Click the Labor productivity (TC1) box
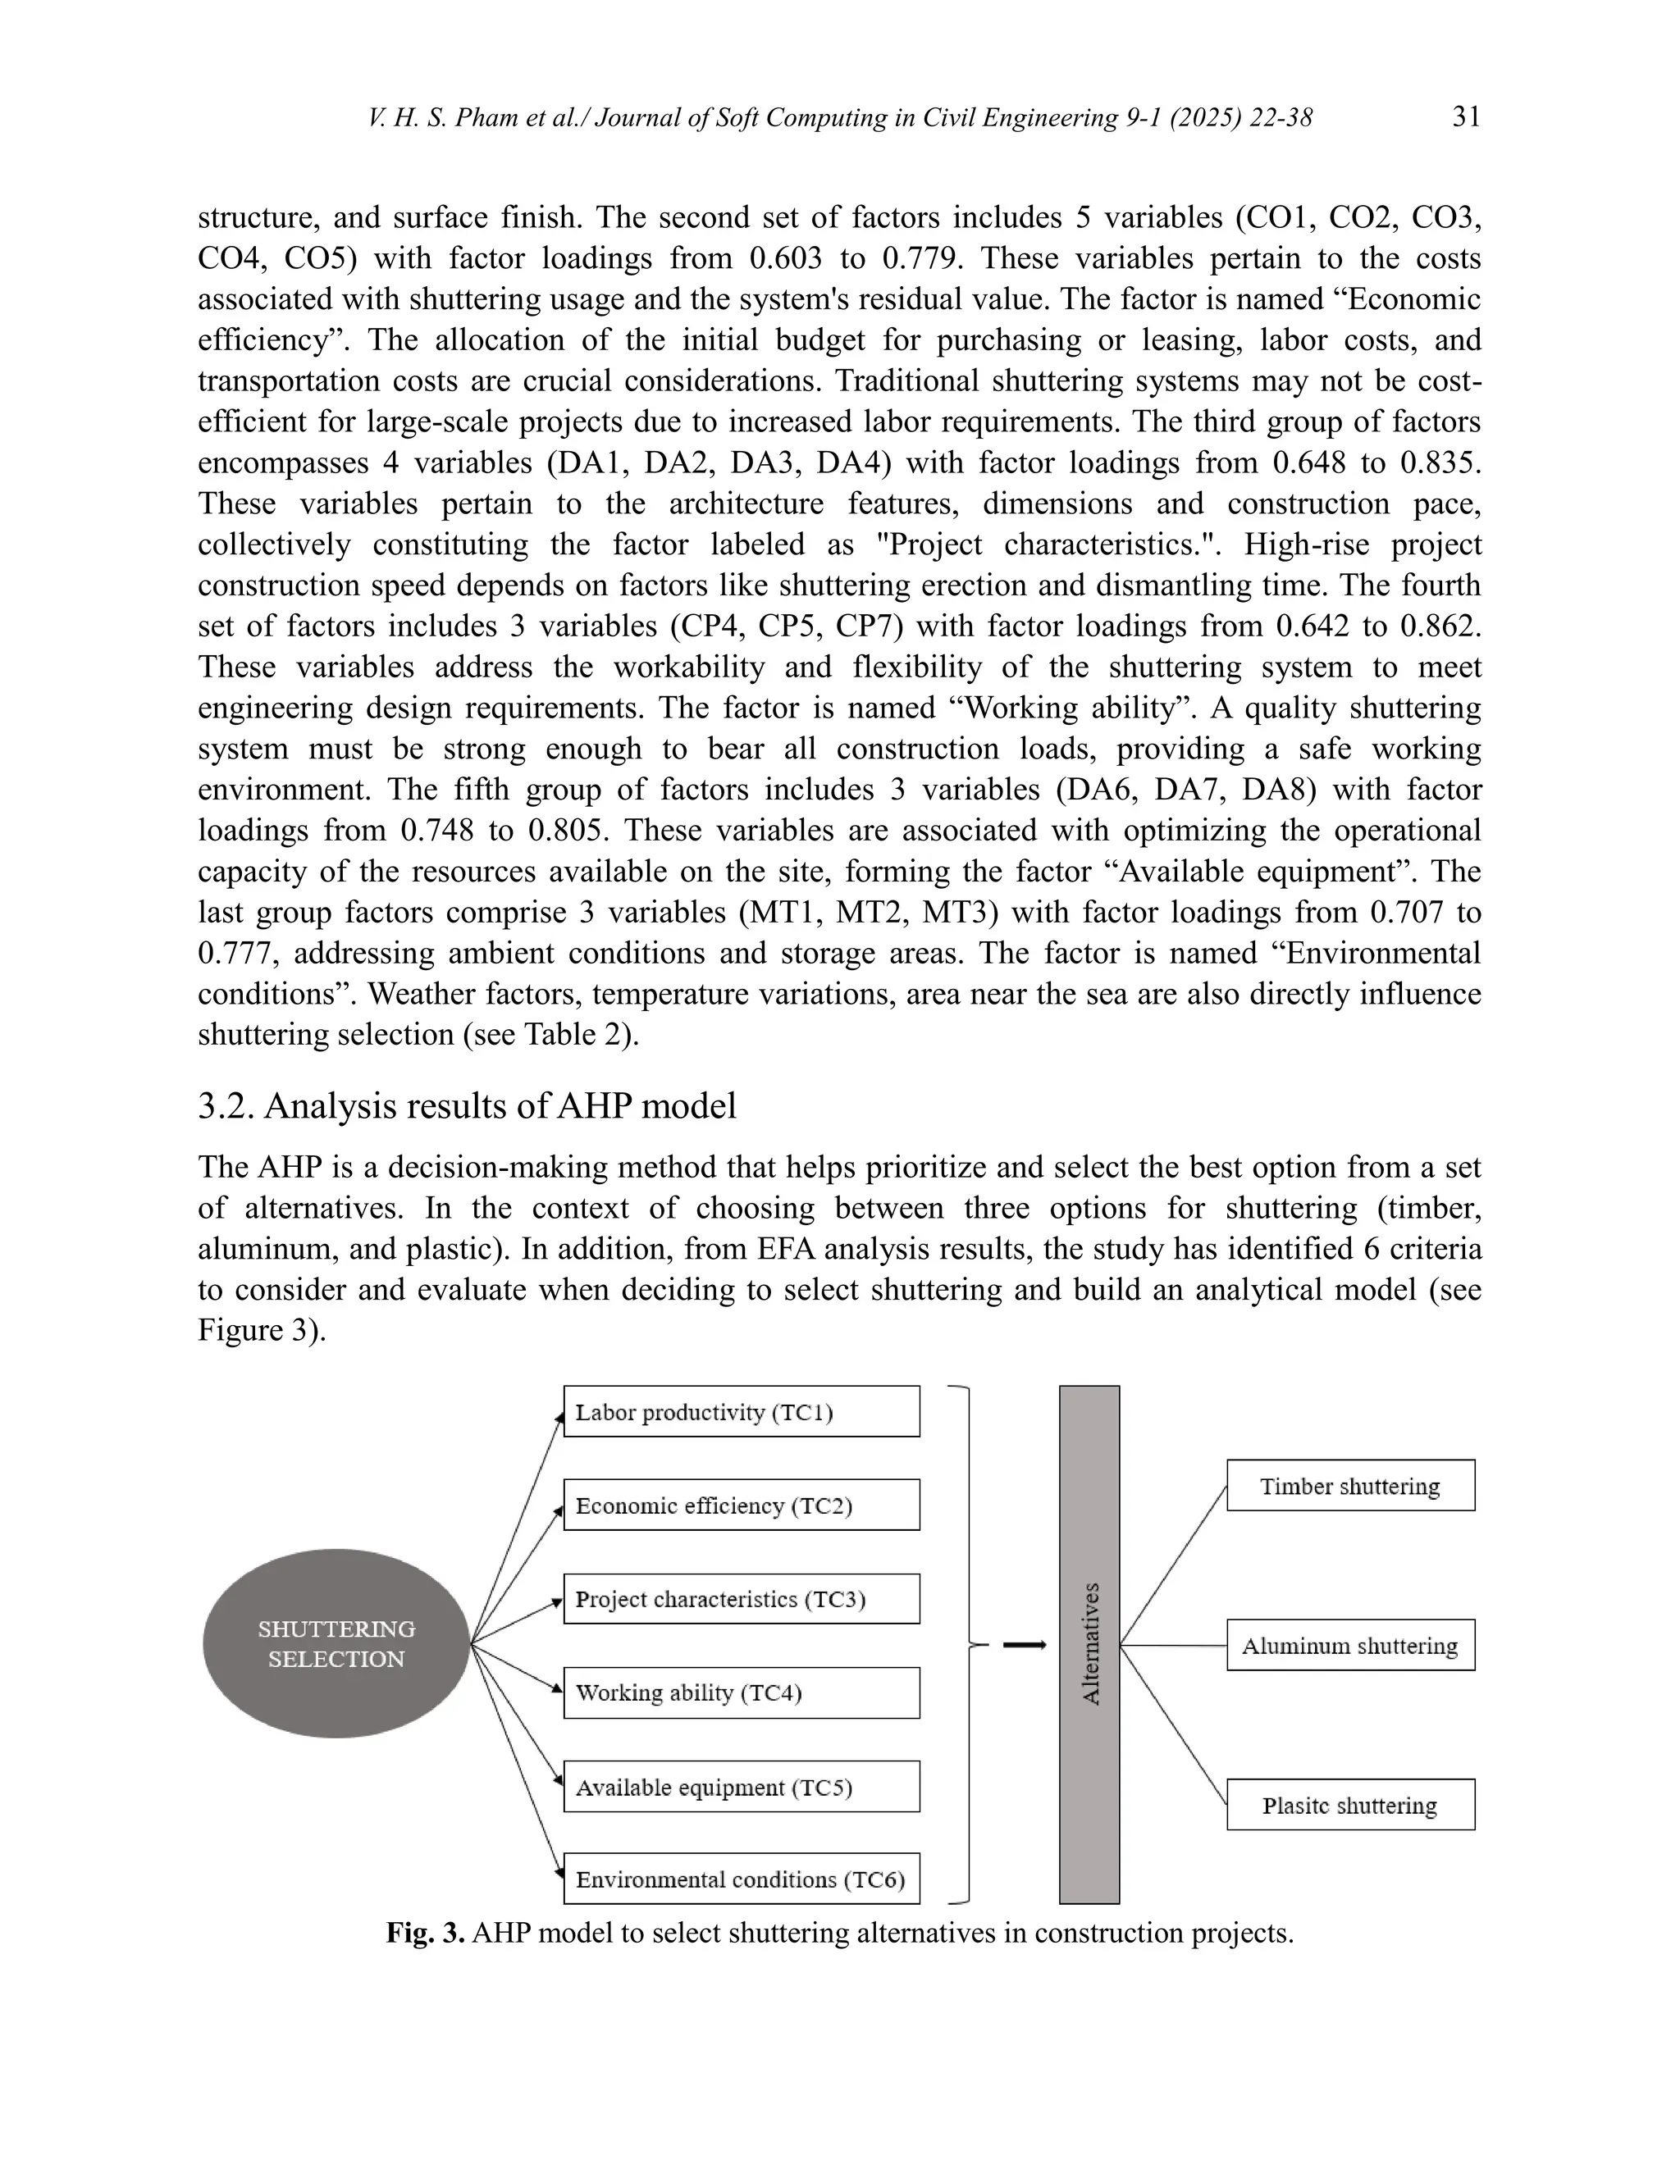click(x=742, y=1411)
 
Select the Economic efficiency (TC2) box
click(x=742, y=1505)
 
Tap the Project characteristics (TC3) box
click(x=742, y=1599)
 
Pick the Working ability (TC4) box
click(x=742, y=1692)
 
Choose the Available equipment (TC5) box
click(x=742, y=1787)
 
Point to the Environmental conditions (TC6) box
click(x=742, y=1879)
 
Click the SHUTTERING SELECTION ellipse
click(x=336, y=1643)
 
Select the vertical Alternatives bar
click(x=1090, y=1643)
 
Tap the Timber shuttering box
click(x=1350, y=1486)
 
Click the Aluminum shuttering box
click(x=1350, y=1646)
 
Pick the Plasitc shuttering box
click(x=1350, y=1806)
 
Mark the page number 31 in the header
click(x=1466, y=117)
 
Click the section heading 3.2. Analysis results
click(x=467, y=1105)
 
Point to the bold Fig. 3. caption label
click(x=425, y=1934)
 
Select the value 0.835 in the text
click(x=1441, y=462)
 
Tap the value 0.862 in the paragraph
click(x=1441, y=626)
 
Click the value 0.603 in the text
click(x=786, y=258)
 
